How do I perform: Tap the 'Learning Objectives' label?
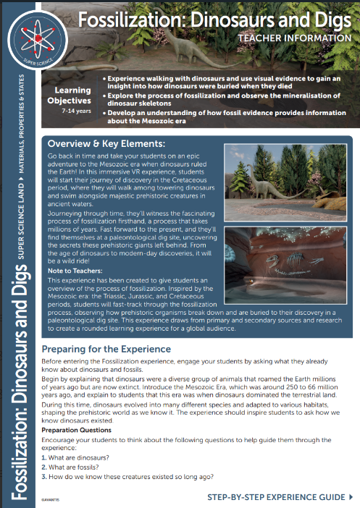(70, 96)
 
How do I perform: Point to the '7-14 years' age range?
(71, 112)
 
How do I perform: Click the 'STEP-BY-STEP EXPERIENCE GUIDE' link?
(276, 498)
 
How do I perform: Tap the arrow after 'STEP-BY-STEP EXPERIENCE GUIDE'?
(351, 498)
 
